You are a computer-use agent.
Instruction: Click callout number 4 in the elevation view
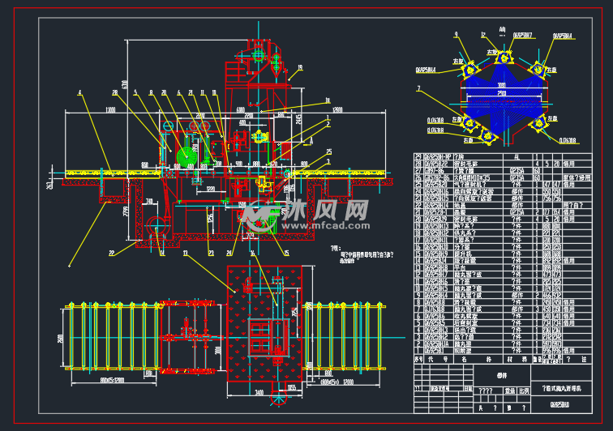coord(80,92)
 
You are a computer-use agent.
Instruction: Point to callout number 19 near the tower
coord(300,68)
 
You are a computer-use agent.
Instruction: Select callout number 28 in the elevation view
coord(116,92)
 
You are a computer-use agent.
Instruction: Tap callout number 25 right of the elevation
coord(329,151)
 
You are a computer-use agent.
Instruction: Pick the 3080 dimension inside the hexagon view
coord(502,84)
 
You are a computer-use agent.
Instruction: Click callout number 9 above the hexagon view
coord(457,34)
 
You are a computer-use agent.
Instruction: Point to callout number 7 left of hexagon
coord(418,87)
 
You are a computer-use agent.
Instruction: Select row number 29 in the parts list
coord(418,156)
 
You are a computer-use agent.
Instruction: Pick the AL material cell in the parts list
coord(516,156)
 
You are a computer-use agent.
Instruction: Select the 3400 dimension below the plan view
coord(259,392)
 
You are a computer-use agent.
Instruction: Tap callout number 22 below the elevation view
coord(112,254)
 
